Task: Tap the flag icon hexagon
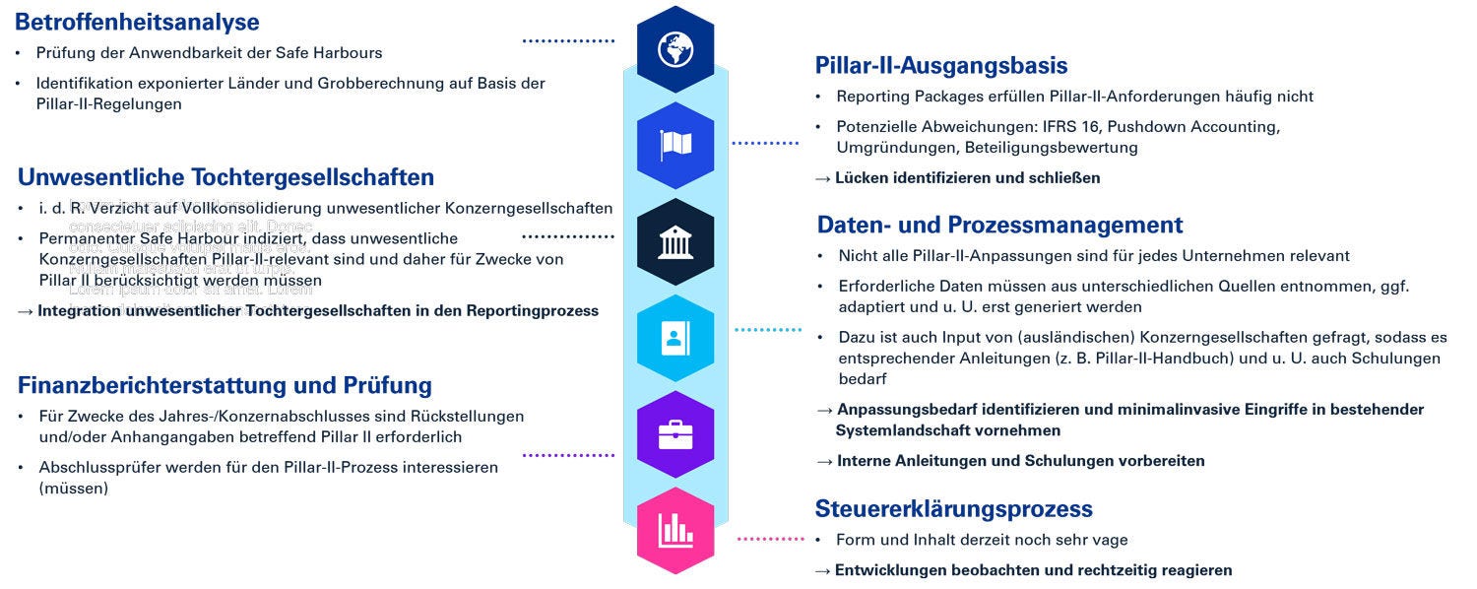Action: [x=675, y=145]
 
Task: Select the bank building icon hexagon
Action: [x=675, y=241]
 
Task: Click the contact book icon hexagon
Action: [x=675, y=338]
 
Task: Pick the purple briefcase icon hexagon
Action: [x=675, y=434]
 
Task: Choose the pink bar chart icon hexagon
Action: [x=675, y=531]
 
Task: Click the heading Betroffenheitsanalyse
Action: [x=138, y=22]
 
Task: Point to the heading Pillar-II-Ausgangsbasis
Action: [x=941, y=65]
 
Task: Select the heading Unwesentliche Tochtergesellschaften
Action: [x=225, y=177]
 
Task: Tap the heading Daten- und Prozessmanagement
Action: [x=999, y=225]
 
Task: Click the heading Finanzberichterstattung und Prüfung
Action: [x=225, y=384]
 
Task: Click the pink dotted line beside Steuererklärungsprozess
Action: [x=770, y=539]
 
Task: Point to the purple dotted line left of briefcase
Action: [x=568, y=455]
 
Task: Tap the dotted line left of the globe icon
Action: [x=568, y=41]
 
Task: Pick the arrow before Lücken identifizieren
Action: [x=823, y=178]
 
